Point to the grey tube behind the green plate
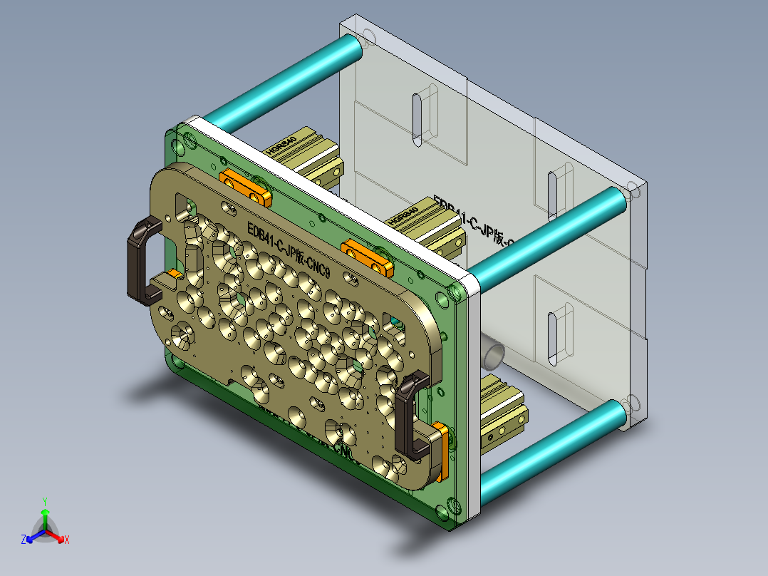[x=492, y=352]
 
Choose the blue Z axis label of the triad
[x=24, y=540]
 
